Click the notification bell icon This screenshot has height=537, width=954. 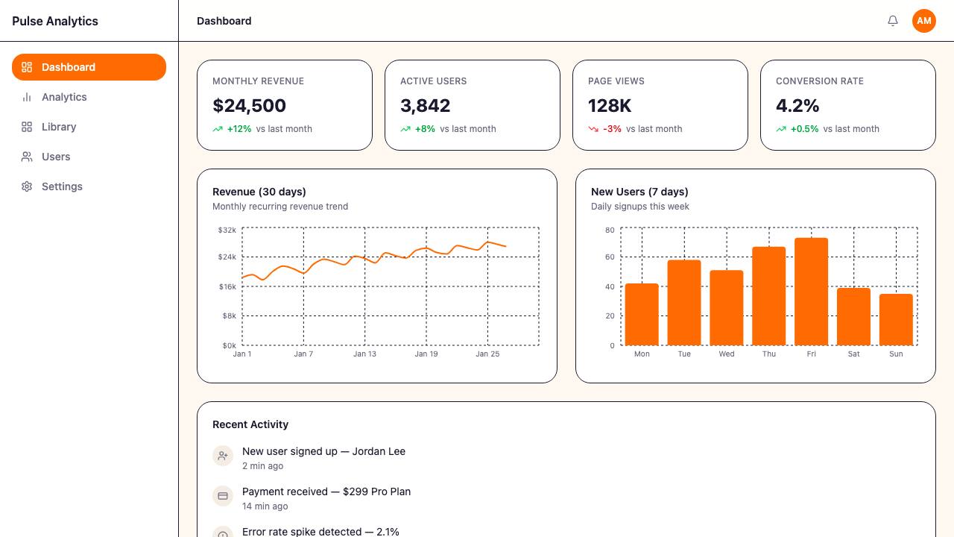click(x=893, y=21)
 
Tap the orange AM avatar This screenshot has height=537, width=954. click(x=923, y=21)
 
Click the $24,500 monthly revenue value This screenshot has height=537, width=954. click(x=249, y=106)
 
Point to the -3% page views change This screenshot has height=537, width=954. click(x=612, y=129)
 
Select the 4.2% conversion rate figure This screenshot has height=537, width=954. click(x=797, y=106)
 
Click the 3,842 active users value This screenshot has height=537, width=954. click(x=425, y=106)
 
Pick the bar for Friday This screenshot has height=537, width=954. click(x=812, y=292)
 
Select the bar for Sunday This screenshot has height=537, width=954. click(x=896, y=320)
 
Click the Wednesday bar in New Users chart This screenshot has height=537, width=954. click(x=727, y=308)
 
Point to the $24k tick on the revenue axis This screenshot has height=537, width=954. click(x=227, y=257)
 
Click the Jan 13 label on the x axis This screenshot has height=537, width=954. click(x=364, y=354)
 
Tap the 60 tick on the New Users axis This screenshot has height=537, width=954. click(x=610, y=257)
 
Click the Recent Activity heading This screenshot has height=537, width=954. click(x=250, y=424)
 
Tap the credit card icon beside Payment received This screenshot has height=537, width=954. click(x=223, y=496)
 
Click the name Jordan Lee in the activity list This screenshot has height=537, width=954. click(x=379, y=451)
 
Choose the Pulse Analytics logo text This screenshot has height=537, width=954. click(x=55, y=22)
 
